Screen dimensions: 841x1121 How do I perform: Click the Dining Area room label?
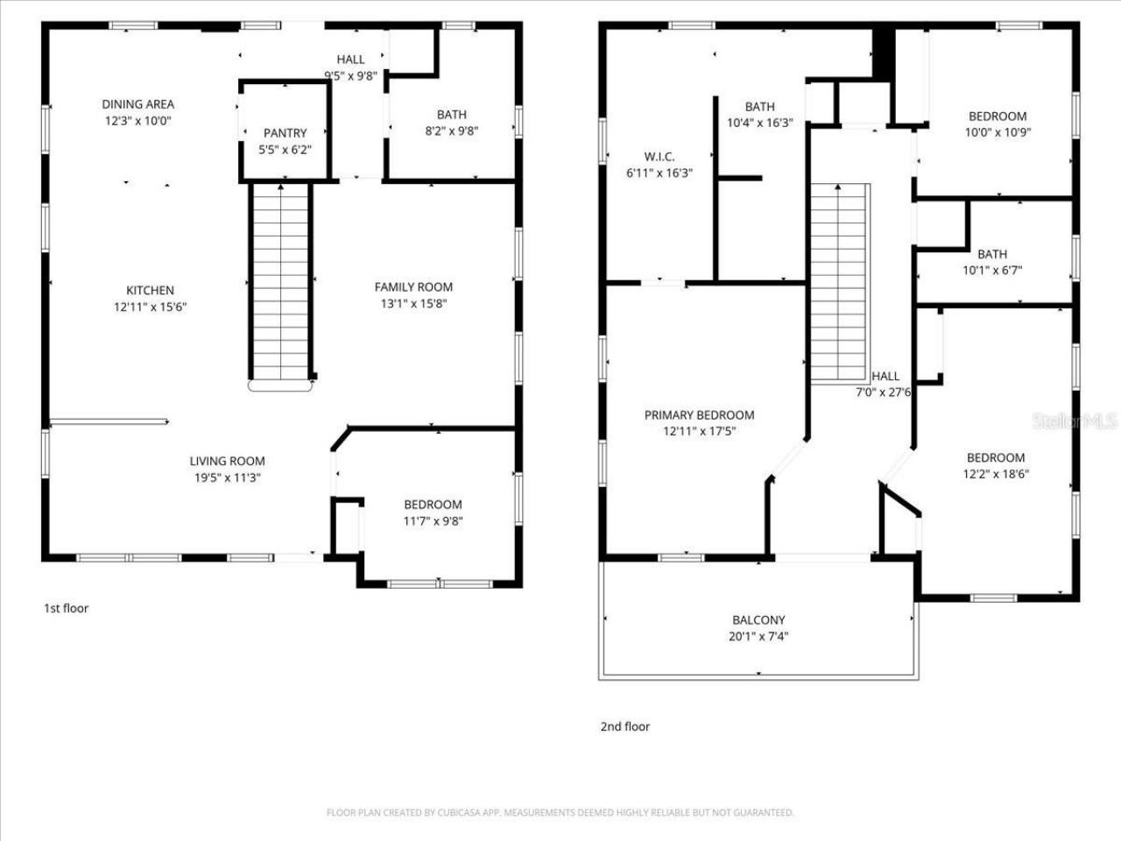[137, 104]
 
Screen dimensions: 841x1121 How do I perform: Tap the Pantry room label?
[286, 133]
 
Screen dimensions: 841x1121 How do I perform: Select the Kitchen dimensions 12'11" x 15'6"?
[150, 307]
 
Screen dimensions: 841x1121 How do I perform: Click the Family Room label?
[413, 287]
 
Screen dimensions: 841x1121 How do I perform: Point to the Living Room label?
[227, 462]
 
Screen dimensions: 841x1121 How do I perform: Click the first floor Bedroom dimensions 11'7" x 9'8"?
[433, 521]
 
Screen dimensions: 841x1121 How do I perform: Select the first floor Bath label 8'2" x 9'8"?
[452, 115]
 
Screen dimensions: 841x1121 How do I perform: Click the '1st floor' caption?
[67, 608]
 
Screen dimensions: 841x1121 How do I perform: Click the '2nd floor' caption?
[624, 726]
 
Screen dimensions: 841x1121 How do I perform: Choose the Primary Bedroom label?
[699, 415]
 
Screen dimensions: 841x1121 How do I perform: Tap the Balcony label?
[758, 620]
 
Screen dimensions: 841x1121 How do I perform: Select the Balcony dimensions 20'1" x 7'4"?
[758, 637]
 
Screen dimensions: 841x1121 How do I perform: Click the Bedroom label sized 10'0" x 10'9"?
[997, 117]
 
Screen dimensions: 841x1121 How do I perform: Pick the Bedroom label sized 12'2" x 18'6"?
[996, 457]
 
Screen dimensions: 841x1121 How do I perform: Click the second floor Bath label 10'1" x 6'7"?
[992, 255]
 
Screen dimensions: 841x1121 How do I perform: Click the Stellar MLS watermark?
[1075, 421]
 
